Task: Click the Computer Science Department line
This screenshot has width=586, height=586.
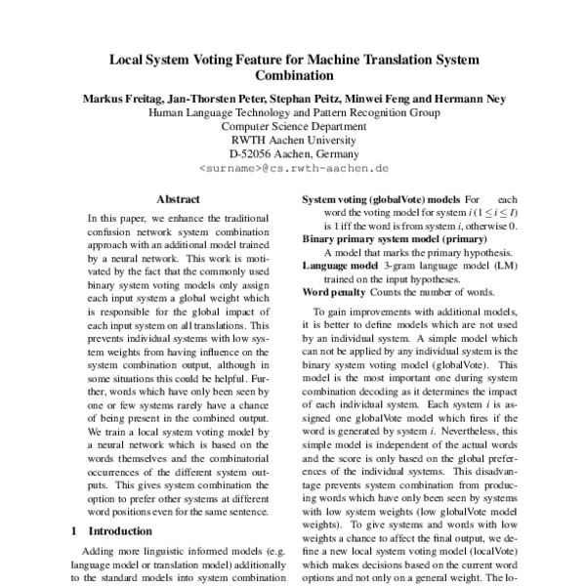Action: click(x=294, y=126)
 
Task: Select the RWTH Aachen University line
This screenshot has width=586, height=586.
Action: click(x=294, y=140)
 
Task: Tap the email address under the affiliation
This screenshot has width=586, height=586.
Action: click(x=294, y=169)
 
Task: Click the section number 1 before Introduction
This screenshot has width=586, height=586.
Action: click(x=75, y=531)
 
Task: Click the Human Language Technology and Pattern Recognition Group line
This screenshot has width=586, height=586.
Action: click(x=294, y=112)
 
